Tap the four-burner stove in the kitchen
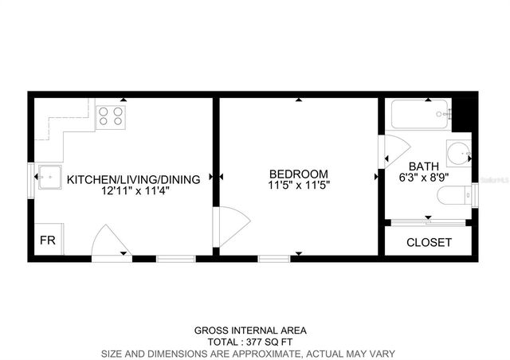(110, 117)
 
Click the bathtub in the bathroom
(419, 115)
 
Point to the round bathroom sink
(457, 152)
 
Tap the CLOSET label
(429, 242)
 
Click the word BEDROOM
(298, 174)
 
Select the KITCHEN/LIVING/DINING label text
(133, 180)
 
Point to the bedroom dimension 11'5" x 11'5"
(298, 185)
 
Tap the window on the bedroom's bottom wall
(273, 257)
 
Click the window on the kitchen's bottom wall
(175, 257)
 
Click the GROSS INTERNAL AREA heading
(250, 330)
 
